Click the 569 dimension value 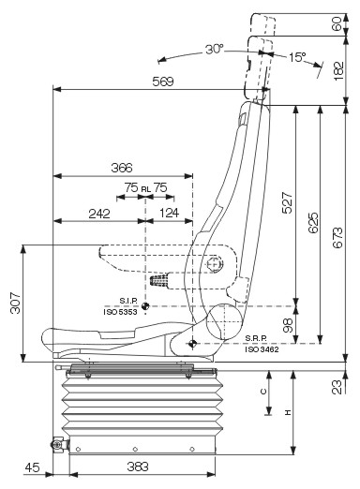tap(163, 81)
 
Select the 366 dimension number tap(122, 168)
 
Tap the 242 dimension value tap(99, 214)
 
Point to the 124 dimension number tap(170, 213)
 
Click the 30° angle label tap(215, 50)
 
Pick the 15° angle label tap(297, 57)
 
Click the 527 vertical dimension tap(287, 203)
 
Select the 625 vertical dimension tap(313, 223)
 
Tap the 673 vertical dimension tap(337, 238)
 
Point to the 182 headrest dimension tap(338, 71)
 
